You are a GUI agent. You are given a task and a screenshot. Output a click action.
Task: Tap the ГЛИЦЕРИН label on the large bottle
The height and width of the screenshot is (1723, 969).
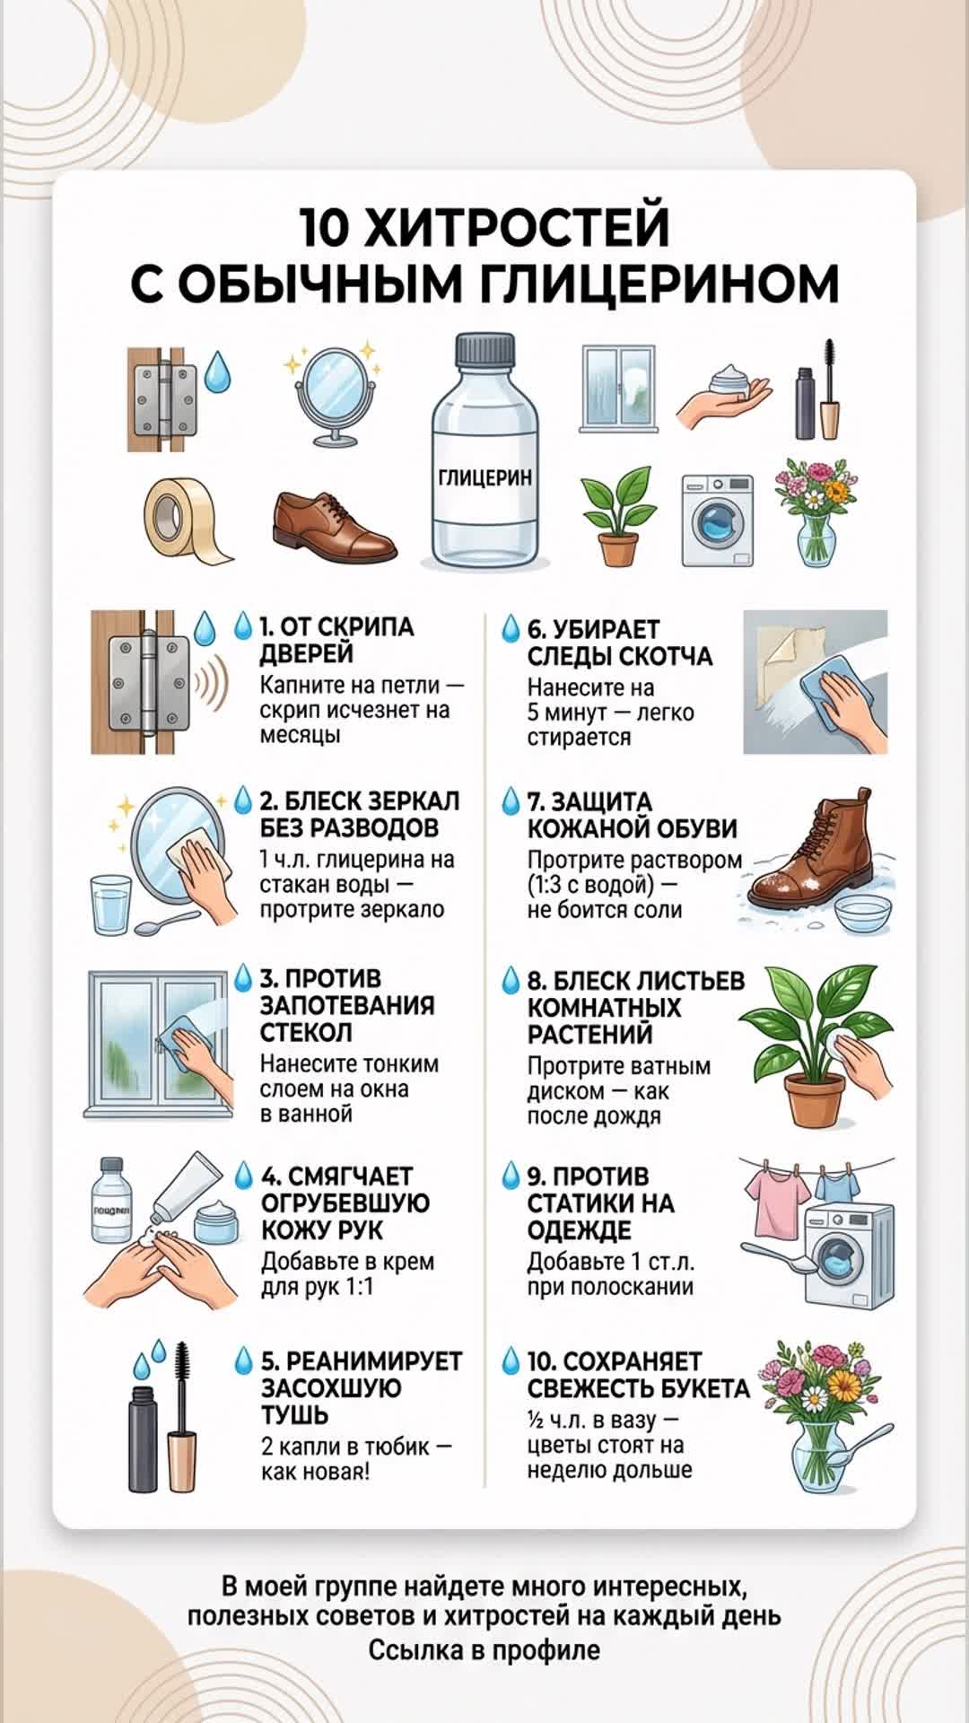[x=484, y=477]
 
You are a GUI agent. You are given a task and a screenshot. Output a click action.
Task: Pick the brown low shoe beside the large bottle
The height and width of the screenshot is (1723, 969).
[x=335, y=528]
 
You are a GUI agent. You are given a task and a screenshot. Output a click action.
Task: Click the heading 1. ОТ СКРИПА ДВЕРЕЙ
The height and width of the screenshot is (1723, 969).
[x=336, y=640]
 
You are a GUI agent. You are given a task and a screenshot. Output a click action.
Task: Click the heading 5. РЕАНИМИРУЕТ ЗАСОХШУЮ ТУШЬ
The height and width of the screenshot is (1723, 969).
[x=361, y=1387]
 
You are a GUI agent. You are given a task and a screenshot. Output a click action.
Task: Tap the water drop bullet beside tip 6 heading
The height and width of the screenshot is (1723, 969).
[x=511, y=628]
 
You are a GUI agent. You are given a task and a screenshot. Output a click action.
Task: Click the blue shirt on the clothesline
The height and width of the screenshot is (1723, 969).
[x=837, y=1185]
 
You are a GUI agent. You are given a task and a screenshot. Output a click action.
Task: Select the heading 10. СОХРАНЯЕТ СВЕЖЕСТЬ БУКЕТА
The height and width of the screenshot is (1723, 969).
[x=638, y=1375]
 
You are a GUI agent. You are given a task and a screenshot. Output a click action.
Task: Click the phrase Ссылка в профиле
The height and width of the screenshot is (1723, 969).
[x=484, y=1649]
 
